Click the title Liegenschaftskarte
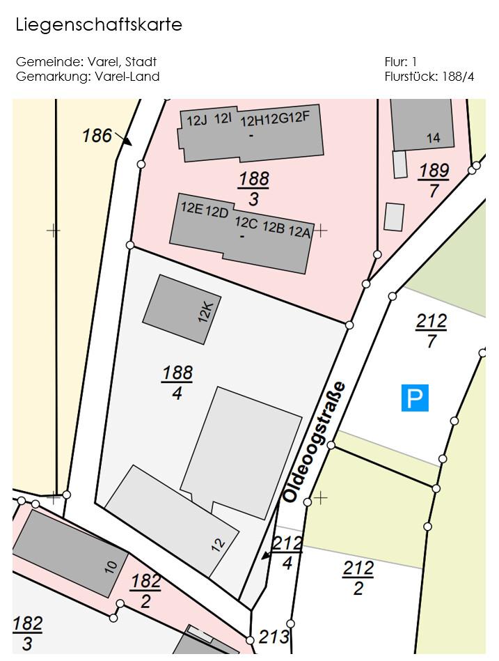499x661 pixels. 98,25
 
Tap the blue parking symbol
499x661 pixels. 414,398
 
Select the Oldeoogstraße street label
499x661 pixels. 314,442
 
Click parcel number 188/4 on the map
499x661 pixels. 177,382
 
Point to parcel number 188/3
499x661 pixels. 253,189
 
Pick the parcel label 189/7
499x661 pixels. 434,180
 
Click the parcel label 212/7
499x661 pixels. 431,331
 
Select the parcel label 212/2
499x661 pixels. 358,578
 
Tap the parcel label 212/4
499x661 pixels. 287,553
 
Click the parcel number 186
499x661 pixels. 97,135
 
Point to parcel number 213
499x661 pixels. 273,637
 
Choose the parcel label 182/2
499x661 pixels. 145,591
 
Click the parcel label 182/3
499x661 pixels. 27,632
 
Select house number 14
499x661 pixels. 433,138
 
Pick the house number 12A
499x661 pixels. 299,232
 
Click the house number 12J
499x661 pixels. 197,120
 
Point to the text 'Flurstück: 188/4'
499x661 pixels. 429,77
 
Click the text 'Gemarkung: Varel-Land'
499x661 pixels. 88,77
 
